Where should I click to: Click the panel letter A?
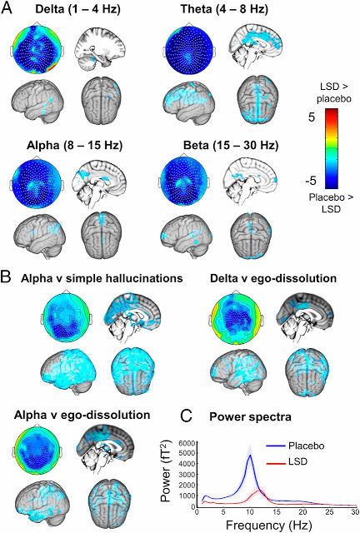(7, 7)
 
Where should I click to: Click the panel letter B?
(7, 278)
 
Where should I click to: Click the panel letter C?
(187, 416)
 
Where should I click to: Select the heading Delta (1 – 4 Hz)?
(78, 9)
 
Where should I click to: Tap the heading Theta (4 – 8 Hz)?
(224, 9)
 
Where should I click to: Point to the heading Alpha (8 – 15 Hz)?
(74, 146)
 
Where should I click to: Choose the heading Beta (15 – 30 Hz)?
(231, 146)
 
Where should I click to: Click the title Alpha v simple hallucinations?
(102, 279)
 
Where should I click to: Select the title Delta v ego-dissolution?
(273, 279)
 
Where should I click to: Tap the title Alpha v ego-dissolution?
(82, 415)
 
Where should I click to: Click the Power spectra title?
(250, 416)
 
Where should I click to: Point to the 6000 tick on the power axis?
(188, 442)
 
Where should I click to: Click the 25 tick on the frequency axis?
(329, 512)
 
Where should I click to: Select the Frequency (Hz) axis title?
(269, 526)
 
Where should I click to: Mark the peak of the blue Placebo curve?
(250, 455)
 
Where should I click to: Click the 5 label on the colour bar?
(312, 117)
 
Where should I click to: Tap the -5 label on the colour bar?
(310, 181)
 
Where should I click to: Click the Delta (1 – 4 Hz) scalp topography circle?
(37, 47)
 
